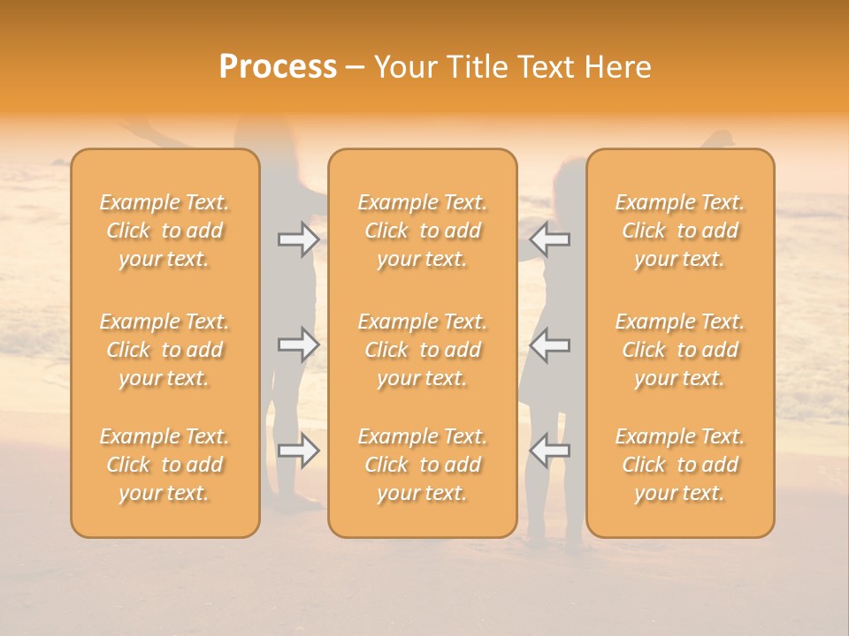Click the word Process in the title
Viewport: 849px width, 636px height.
(x=278, y=67)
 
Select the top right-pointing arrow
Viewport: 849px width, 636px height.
(x=298, y=238)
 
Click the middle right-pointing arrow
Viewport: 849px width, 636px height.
(x=298, y=344)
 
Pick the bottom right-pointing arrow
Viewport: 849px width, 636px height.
(x=298, y=450)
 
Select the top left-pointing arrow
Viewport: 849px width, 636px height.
(x=549, y=238)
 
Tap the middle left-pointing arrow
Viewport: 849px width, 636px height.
(x=549, y=344)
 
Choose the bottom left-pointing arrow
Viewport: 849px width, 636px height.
(x=549, y=450)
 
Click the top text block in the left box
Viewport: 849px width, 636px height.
(x=164, y=231)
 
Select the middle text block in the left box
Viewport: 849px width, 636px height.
(x=164, y=350)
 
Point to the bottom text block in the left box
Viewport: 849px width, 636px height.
(x=164, y=465)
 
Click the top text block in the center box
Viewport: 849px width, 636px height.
(x=422, y=231)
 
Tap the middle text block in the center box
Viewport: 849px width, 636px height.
(x=422, y=350)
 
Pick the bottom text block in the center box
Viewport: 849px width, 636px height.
(x=422, y=465)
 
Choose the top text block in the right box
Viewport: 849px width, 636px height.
(x=680, y=231)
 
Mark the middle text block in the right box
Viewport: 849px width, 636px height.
(x=680, y=350)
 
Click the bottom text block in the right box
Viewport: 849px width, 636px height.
(x=680, y=465)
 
